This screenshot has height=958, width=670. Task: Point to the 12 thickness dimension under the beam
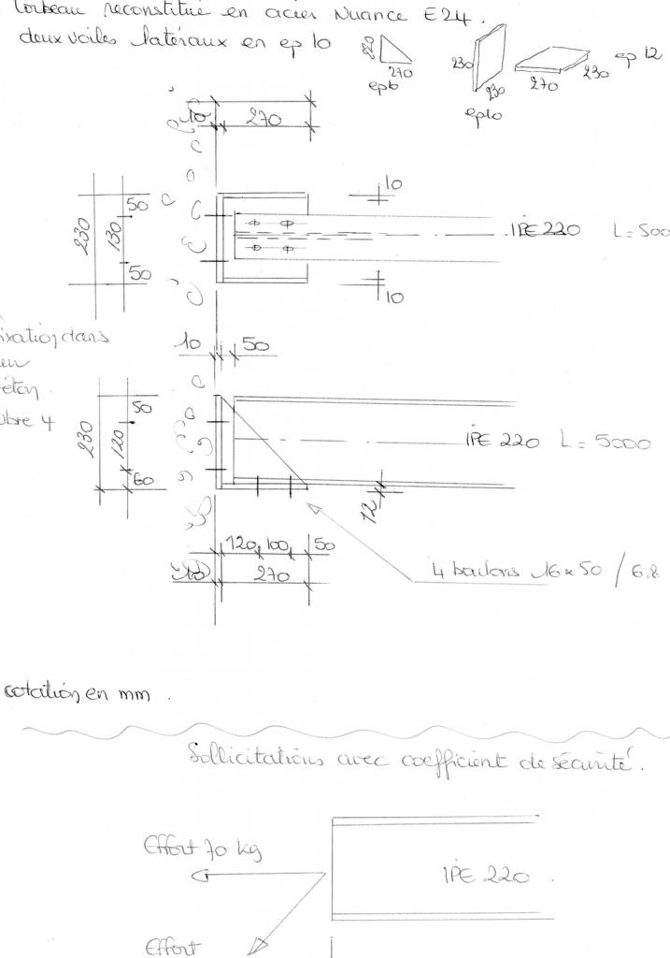371,509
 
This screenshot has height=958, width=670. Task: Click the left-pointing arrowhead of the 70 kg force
197,877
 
